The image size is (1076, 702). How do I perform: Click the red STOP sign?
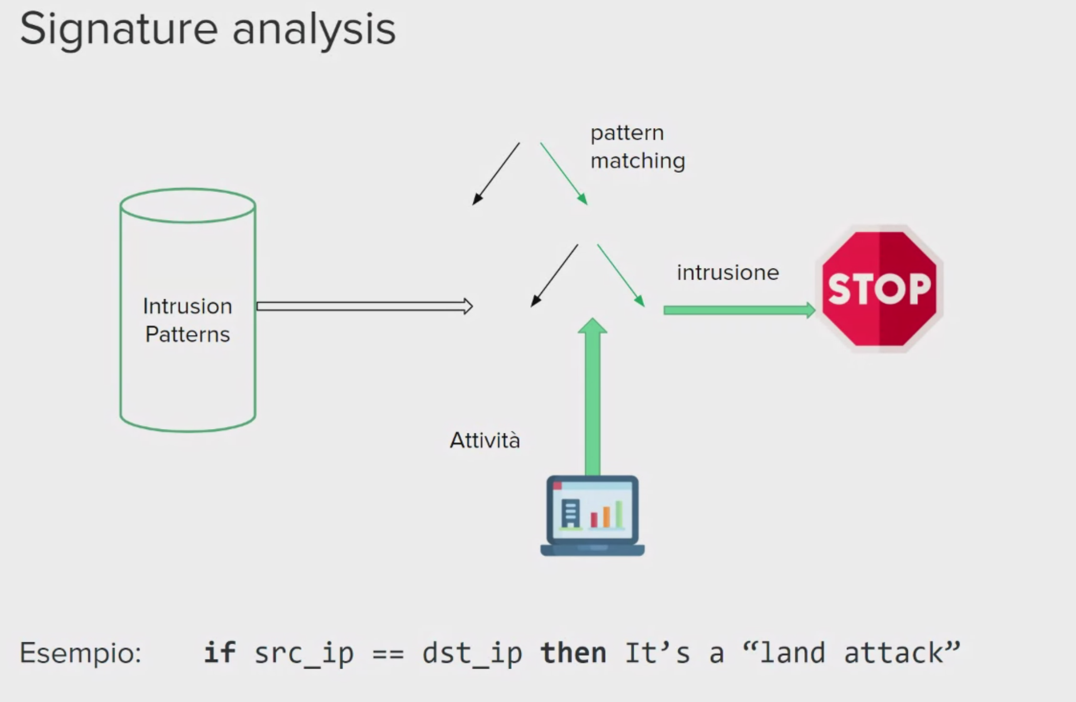click(879, 289)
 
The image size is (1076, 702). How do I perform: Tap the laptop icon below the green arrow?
click(592, 515)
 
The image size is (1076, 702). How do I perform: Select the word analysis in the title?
click(314, 29)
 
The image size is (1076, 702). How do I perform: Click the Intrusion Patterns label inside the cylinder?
click(187, 320)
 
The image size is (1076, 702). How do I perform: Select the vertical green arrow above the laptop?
click(593, 396)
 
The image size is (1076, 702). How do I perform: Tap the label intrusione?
click(727, 273)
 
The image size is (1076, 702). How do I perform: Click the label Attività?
click(485, 440)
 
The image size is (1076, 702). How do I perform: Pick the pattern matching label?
click(637, 147)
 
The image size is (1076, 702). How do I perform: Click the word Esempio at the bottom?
click(81, 653)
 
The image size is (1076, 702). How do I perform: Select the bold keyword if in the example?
click(219, 652)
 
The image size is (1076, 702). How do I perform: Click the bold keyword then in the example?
click(573, 652)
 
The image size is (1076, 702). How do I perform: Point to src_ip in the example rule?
click(304, 654)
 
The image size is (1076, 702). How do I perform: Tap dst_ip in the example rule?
click(472, 654)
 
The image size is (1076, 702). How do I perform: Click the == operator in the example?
click(388, 654)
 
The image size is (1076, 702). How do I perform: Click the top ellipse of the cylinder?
click(188, 206)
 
